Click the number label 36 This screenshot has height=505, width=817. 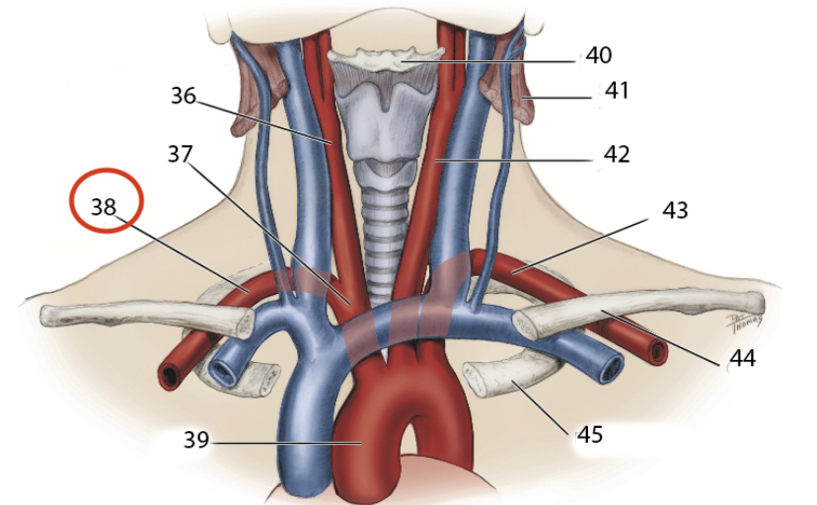(183, 97)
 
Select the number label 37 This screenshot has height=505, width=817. (180, 154)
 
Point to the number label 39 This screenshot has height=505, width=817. (196, 440)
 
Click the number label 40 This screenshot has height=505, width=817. (599, 55)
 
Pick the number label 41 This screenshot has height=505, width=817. (618, 92)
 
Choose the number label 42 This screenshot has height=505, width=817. (618, 155)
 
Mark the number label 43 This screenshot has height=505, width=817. (676, 210)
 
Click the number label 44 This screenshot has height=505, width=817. (742, 359)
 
